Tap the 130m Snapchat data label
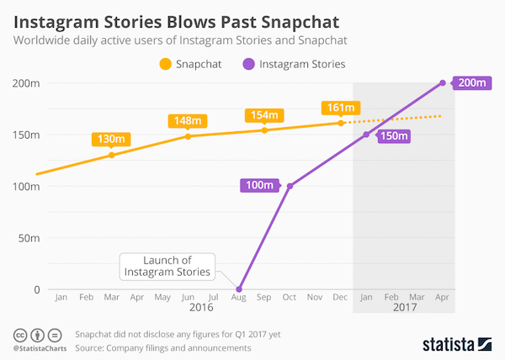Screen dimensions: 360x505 click(x=111, y=139)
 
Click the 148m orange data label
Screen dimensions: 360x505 click(x=187, y=120)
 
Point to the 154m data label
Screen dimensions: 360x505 click(x=263, y=114)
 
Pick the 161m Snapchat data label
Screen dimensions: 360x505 click(x=340, y=107)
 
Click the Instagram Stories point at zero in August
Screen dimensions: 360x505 click(x=239, y=289)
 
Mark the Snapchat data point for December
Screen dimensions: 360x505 click(x=341, y=123)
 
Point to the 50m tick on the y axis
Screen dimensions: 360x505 click(x=17, y=238)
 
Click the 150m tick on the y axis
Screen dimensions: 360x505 click(x=17, y=135)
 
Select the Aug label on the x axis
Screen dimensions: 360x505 click(x=239, y=298)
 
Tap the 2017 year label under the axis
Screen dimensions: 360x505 click(x=403, y=310)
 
